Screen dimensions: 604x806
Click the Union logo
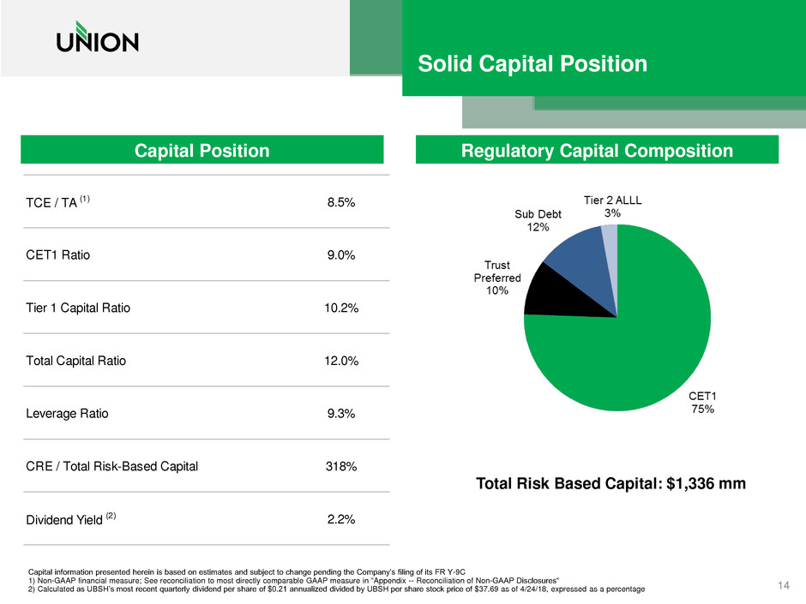[97, 39]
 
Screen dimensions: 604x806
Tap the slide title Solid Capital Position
[532, 64]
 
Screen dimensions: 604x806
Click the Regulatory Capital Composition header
[597, 151]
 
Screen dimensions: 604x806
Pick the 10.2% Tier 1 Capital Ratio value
[340, 308]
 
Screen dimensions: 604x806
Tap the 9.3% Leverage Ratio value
[340, 414]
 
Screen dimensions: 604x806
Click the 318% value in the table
[340, 467]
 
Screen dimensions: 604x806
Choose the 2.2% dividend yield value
[340, 519]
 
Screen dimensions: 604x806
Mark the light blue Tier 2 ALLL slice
[610, 240]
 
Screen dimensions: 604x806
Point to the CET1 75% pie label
[703, 403]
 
